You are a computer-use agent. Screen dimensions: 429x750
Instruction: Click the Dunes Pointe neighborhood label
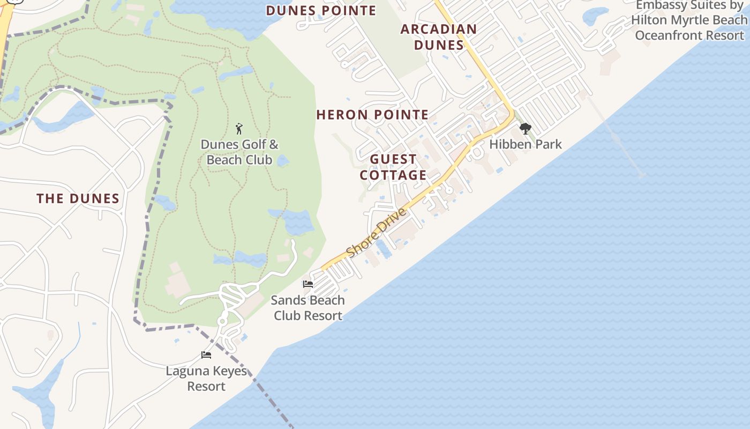tap(321, 11)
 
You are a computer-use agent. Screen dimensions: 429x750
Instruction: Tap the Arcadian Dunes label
tap(439, 37)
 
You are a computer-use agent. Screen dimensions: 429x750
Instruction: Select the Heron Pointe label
tap(372, 115)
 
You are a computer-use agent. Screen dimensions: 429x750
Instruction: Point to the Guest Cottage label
tap(393, 167)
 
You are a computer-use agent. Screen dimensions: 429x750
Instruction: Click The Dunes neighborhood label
tap(78, 199)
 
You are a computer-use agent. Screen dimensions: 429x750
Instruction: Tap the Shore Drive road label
tap(376, 232)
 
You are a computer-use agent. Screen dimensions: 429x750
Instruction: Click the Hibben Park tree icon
tap(525, 129)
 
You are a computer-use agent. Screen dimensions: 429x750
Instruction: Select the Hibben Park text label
tap(526, 144)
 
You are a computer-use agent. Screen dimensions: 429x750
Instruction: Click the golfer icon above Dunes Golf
tap(239, 129)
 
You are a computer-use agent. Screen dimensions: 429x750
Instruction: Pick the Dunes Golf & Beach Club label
tap(239, 152)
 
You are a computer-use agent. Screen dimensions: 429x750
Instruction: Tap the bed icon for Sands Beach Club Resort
tap(308, 284)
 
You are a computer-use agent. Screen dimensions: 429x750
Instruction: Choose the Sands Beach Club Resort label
tap(307, 308)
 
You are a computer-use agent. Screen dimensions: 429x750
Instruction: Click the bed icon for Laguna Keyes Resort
tap(206, 354)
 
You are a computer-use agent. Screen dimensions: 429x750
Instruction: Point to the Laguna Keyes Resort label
tap(206, 379)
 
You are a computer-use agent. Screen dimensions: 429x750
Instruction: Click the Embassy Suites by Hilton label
tap(690, 20)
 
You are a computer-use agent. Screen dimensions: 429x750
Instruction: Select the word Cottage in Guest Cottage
tap(393, 175)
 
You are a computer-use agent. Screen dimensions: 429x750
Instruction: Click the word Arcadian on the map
tap(439, 29)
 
